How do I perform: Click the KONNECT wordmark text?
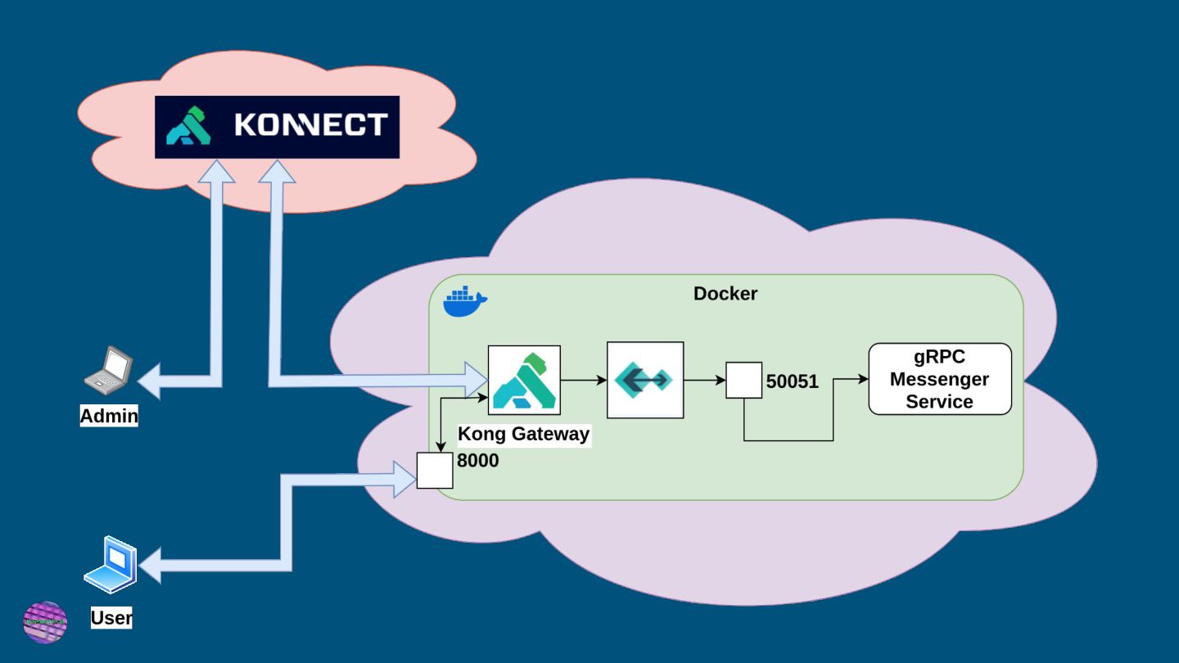point(310,124)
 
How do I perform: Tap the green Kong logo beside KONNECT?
point(188,126)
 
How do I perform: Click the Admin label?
point(109,416)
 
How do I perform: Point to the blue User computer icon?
point(111,564)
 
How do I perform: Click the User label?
point(111,618)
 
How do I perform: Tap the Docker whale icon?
point(464,302)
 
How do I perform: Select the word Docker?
point(725,293)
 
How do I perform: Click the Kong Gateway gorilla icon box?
point(524,380)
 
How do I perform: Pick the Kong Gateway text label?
point(523,434)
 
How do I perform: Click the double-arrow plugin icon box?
point(645,380)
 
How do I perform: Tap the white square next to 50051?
point(743,380)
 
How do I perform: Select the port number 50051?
point(792,381)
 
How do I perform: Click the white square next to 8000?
point(435,470)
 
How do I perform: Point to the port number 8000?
point(477,461)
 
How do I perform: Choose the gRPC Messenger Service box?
point(939,379)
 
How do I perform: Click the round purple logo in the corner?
point(45,622)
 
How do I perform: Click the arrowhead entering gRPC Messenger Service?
point(862,380)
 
